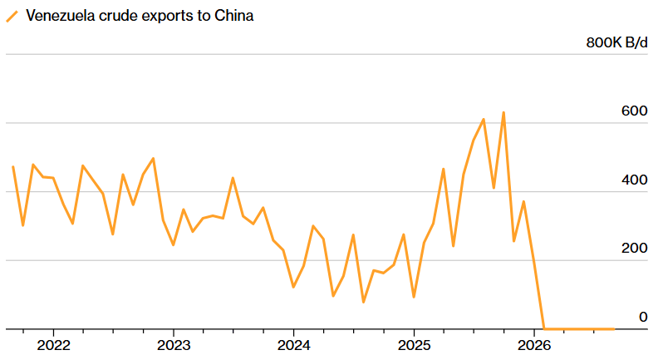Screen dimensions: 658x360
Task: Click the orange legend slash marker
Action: pyautogui.click(x=12, y=17)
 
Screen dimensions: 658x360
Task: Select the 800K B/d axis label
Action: pyautogui.click(x=616, y=42)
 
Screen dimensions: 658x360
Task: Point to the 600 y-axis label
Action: pyautogui.click(x=634, y=111)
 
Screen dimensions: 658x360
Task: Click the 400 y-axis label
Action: pyautogui.click(x=634, y=180)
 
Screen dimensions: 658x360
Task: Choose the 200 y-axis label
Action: pyautogui.click(x=634, y=249)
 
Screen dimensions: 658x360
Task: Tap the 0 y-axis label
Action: pyautogui.click(x=643, y=317)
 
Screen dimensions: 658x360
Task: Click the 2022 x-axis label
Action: pyautogui.click(x=53, y=345)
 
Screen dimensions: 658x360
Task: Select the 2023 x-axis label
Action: pyautogui.click(x=174, y=345)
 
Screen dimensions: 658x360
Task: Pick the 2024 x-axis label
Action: pyautogui.click(x=294, y=345)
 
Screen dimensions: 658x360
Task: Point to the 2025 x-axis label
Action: pyautogui.click(x=415, y=345)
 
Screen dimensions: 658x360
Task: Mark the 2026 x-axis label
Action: pyautogui.click(x=533, y=345)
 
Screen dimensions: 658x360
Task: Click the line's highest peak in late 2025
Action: pyautogui.click(x=503, y=112)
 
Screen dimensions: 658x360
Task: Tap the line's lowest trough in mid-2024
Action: pyautogui.click(x=363, y=302)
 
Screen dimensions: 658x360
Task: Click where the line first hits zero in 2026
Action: pyautogui.click(x=544, y=328)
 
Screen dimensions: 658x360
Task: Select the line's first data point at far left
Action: pyautogui.click(x=13, y=167)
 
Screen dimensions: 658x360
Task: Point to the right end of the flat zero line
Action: pyautogui.click(x=614, y=329)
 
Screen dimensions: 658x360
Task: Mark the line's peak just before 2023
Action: pyautogui.click(x=153, y=159)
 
